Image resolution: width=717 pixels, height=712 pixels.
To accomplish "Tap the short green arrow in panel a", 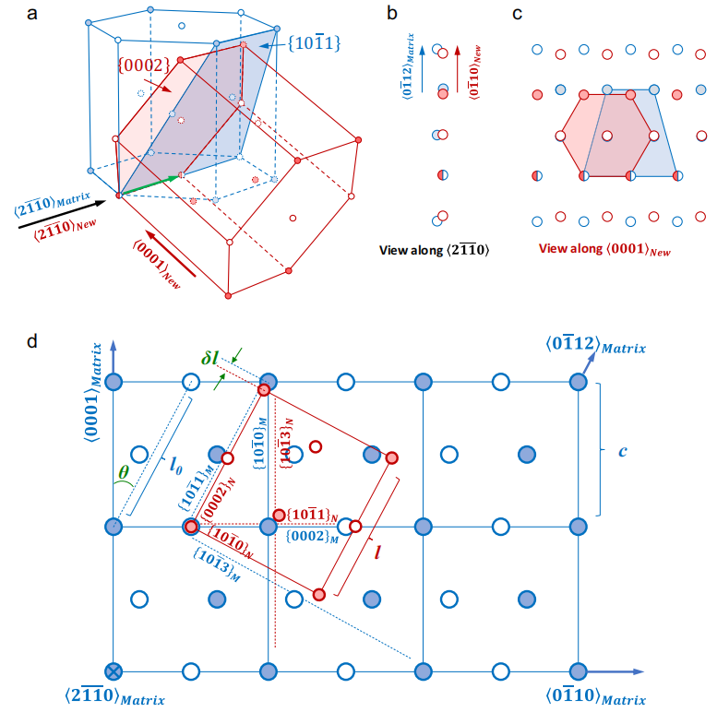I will pyautogui.click(x=148, y=186).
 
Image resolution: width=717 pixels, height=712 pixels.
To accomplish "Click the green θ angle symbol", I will pyautogui.click(x=123, y=472).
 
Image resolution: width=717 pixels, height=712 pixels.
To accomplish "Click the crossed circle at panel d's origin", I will pyautogui.click(x=114, y=671).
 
